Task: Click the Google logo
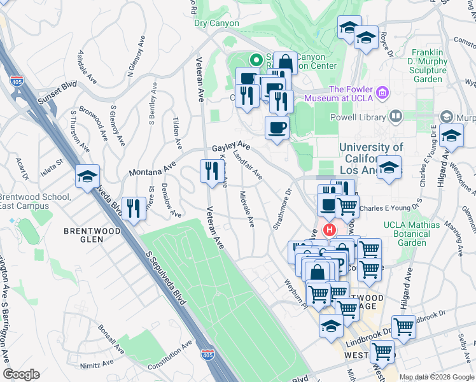pos(21,374)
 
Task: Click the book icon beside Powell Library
pos(395,117)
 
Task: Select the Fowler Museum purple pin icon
pos(382,93)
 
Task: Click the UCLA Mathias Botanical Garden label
pos(411,234)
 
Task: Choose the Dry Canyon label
pos(217,24)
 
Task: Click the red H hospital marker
pos(330,230)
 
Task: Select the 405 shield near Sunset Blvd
pos(15,81)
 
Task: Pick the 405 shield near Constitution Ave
pos(207,354)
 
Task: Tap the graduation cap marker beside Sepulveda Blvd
pos(87,176)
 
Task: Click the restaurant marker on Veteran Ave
pos(211,171)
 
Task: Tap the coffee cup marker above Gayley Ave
pos(277,127)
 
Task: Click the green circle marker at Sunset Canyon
pos(256,61)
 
